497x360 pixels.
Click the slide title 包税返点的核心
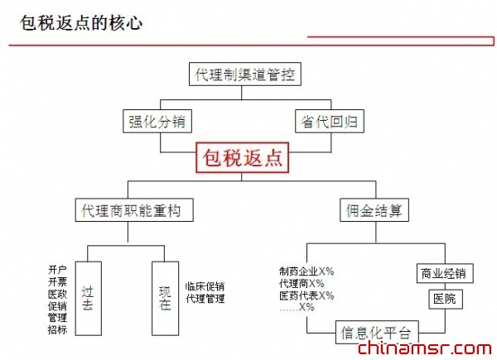81,22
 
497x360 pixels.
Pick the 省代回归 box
329,122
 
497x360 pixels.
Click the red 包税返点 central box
243,157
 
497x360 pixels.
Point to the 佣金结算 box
374,210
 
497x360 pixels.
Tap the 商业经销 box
442,273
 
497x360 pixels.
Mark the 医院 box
442,299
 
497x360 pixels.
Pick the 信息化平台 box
375,333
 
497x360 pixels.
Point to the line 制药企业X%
306,271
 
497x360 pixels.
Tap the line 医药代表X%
306,295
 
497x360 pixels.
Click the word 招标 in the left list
57,329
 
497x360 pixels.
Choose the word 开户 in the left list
57,270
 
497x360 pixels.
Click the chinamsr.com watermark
425,349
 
